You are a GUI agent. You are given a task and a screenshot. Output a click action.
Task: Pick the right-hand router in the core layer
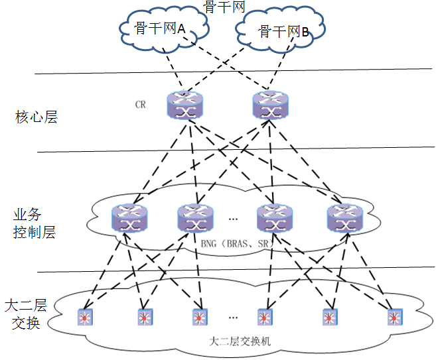pos(271,105)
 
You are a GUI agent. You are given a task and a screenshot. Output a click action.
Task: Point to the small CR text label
pos(140,105)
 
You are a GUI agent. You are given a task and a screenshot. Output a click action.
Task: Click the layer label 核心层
pos(36,118)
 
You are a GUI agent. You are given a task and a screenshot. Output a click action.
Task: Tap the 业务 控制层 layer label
pos(34,224)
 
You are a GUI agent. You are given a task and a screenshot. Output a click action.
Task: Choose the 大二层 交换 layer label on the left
pos(26,314)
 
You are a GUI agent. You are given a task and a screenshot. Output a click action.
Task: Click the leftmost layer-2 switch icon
pos(85,317)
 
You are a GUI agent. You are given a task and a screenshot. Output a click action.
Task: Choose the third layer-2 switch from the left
pos(199,317)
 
